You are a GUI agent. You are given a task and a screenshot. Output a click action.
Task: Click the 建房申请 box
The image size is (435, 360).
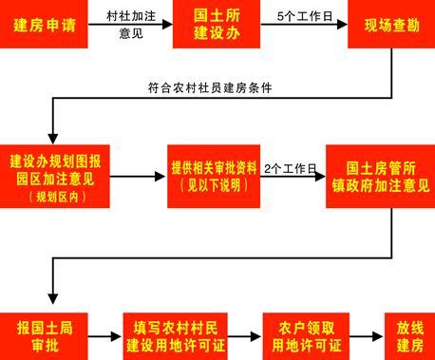point(39,22)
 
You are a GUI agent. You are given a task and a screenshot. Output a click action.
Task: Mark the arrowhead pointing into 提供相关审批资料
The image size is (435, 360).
point(159,177)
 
